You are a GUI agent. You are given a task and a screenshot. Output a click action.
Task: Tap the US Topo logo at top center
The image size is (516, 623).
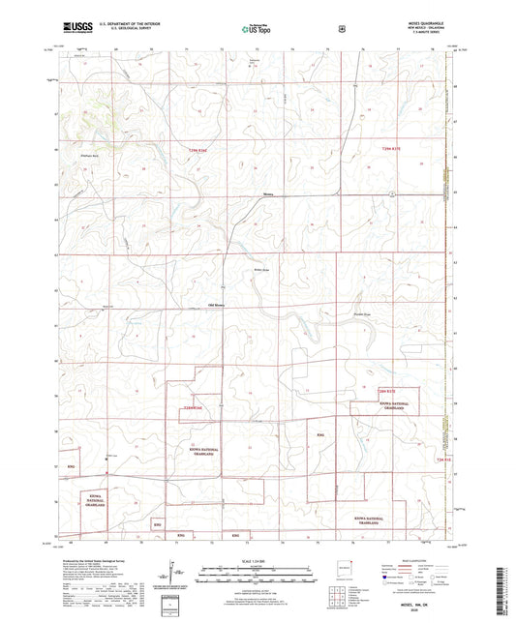(x=257, y=29)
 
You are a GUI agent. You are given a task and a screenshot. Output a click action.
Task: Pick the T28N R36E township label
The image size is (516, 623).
(x=197, y=407)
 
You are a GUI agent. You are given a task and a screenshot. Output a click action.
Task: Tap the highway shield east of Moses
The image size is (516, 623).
(x=391, y=194)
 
